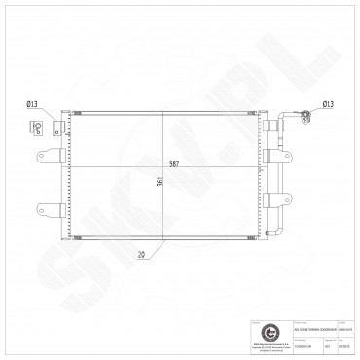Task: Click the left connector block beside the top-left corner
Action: (x=56, y=126)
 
